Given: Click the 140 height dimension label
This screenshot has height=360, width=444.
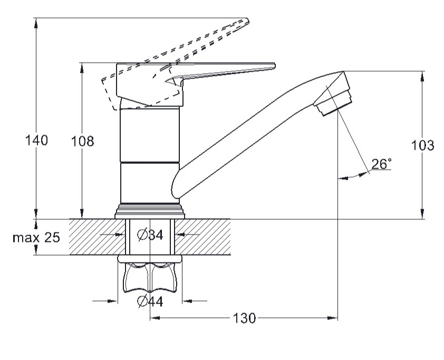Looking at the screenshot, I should coord(37,140).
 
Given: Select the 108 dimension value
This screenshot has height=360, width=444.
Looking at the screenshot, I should coord(83,141).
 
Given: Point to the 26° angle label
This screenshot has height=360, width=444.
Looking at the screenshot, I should coord(381,164).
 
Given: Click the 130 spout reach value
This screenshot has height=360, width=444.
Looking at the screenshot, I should coord(245,318).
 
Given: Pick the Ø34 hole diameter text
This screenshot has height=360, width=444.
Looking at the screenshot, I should coord(150,236).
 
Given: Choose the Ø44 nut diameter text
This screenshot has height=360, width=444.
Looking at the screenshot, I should coord(150,301).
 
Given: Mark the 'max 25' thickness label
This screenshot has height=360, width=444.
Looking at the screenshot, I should coord(36,237).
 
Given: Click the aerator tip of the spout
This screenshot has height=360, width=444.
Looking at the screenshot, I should coord(335,101).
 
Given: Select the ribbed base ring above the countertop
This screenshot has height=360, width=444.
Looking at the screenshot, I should coord(150,210).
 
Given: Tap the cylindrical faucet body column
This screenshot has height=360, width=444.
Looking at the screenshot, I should coord(150,155).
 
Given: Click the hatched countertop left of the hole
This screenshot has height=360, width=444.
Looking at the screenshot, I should coord(95,237).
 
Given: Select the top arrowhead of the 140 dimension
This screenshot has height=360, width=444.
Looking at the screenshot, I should coord(36,22).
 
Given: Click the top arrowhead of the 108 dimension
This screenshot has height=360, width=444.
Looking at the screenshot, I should coord(82,66).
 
